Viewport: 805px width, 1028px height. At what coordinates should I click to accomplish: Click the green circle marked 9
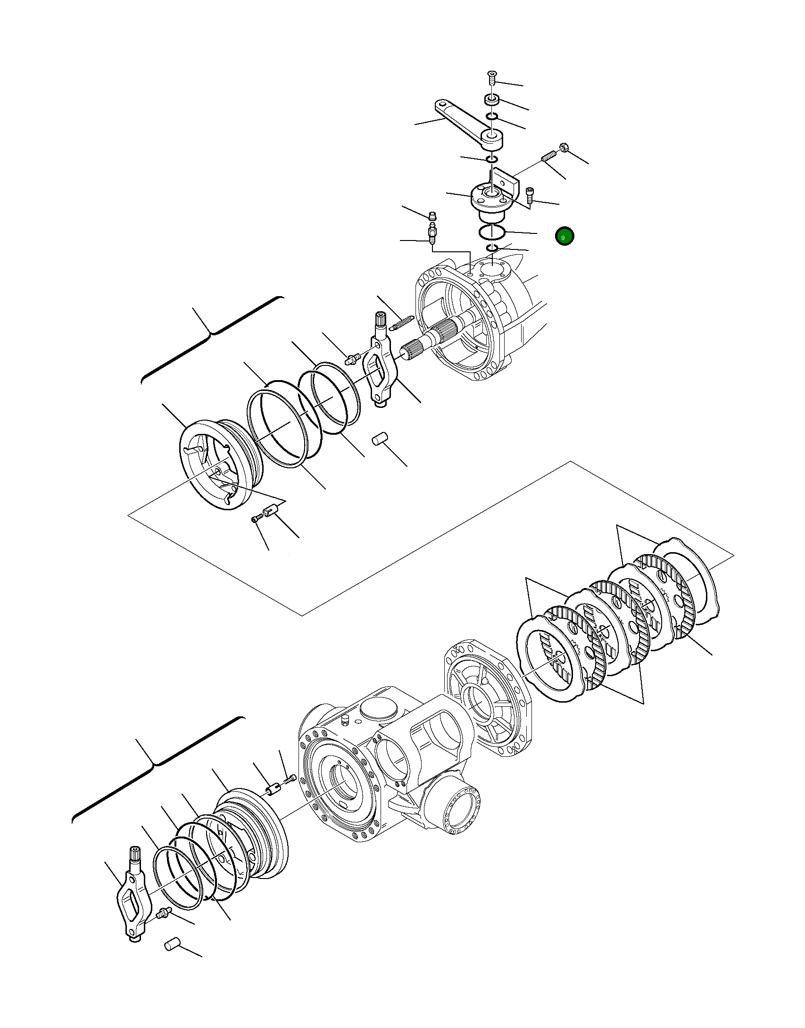pos(564,236)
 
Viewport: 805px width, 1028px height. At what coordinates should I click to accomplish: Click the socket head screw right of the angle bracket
pos(530,194)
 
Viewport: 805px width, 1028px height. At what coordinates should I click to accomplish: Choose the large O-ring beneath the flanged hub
pos(492,232)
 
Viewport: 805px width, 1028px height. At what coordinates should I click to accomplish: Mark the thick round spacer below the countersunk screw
pos(492,100)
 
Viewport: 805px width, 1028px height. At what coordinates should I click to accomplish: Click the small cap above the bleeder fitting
pos(432,217)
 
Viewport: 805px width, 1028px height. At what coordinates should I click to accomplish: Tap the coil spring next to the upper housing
pos(401,323)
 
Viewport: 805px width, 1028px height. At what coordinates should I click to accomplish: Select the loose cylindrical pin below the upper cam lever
pos(380,439)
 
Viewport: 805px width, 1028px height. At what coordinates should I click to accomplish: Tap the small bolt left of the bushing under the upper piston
pos(256,519)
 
